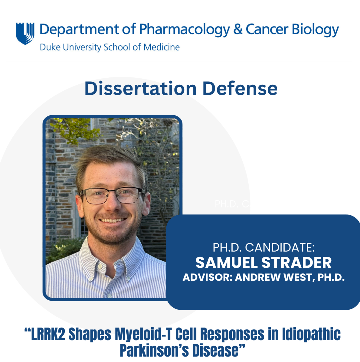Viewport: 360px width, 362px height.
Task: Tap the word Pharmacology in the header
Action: pos(184,30)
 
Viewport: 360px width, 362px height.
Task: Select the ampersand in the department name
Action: pos(238,29)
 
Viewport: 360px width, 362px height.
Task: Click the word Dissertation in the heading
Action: pos(140,89)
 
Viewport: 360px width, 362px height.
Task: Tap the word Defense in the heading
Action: pos(240,89)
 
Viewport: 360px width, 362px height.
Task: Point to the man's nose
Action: pos(113,206)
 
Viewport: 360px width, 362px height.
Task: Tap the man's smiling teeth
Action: pos(113,220)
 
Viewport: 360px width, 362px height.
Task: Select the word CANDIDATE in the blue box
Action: pos(280,248)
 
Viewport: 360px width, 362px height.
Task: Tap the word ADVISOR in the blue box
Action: pos(207,277)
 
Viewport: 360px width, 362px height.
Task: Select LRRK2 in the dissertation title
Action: pos(48,334)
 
